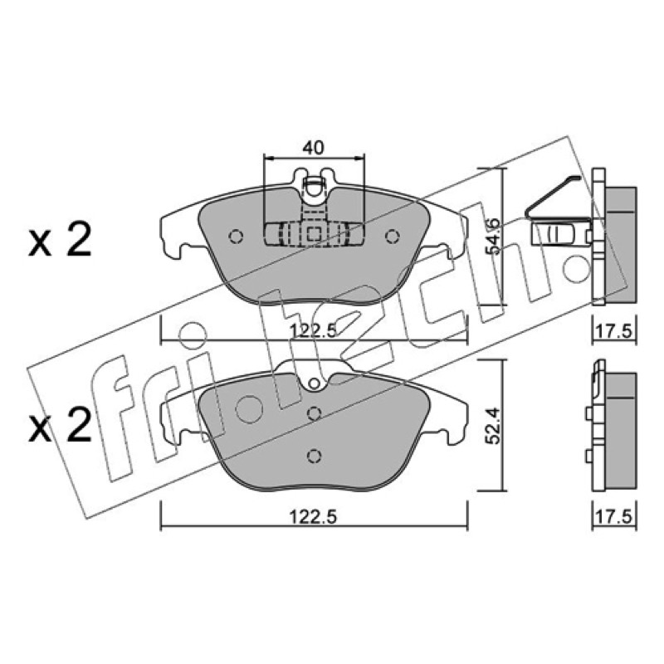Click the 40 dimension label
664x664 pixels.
click(x=313, y=148)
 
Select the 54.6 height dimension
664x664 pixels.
click(x=493, y=237)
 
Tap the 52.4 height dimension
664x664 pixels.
click(x=493, y=426)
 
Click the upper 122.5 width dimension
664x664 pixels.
click(x=314, y=330)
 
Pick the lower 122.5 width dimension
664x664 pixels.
click(x=314, y=516)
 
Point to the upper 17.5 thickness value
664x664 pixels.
click(x=614, y=330)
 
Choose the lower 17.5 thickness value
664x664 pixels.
click(x=614, y=516)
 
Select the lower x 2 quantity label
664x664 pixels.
click(x=60, y=425)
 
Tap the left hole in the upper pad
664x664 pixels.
click(x=236, y=237)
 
